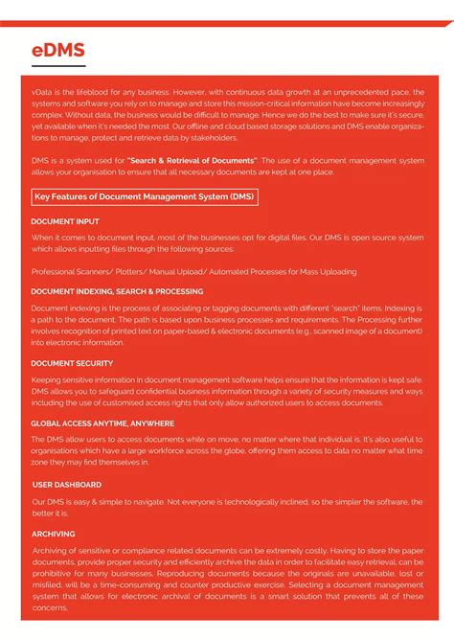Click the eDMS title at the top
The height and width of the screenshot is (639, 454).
tap(58, 50)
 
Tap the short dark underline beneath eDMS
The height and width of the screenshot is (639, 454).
tap(58, 67)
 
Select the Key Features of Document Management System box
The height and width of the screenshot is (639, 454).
tap(145, 197)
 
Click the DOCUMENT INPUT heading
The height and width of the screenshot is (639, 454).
tap(65, 221)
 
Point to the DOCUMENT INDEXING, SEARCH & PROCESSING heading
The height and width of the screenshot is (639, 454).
tap(117, 291)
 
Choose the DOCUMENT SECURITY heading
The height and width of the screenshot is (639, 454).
tap(72, 363)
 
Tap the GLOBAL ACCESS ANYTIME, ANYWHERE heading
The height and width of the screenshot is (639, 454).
tap(102, 422)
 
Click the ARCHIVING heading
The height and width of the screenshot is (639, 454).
tap(53, 534)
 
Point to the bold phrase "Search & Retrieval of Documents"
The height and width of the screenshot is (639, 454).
tap(193, 160)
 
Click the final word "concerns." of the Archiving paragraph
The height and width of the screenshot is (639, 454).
tap(51, 608)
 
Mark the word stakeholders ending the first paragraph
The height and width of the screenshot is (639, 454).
tap(216, 137)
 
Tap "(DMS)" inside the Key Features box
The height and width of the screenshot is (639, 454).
tap(241, 197)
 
